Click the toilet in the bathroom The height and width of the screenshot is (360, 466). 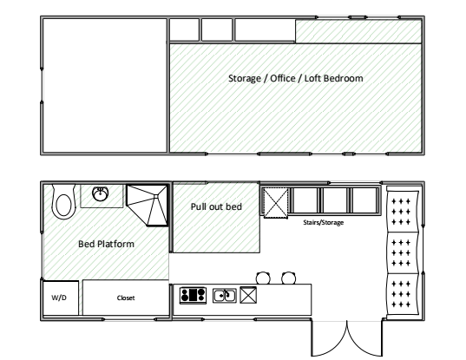point(63,202)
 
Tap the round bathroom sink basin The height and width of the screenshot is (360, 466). point(101,193)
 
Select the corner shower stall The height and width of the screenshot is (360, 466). point(148,206)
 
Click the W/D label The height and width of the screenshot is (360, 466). point(59,298)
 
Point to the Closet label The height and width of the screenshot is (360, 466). point(126,298)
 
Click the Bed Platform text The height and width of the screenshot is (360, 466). point(106,244)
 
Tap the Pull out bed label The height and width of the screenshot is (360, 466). point(216,206)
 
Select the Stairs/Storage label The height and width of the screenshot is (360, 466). point(324,222)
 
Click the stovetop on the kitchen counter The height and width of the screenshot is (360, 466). point(193,295)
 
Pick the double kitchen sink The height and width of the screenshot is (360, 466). point(225,296)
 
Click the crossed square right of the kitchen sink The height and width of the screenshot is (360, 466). point(248,295)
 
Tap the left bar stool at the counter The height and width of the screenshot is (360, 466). point(263,278)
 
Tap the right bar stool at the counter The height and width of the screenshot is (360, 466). point(288,278)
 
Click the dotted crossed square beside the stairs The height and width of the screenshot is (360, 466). point(276,203)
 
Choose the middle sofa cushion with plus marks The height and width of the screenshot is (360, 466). point(403,252)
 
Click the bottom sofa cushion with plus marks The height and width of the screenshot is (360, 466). point(403,294)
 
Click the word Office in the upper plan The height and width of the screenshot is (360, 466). point(283,78)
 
